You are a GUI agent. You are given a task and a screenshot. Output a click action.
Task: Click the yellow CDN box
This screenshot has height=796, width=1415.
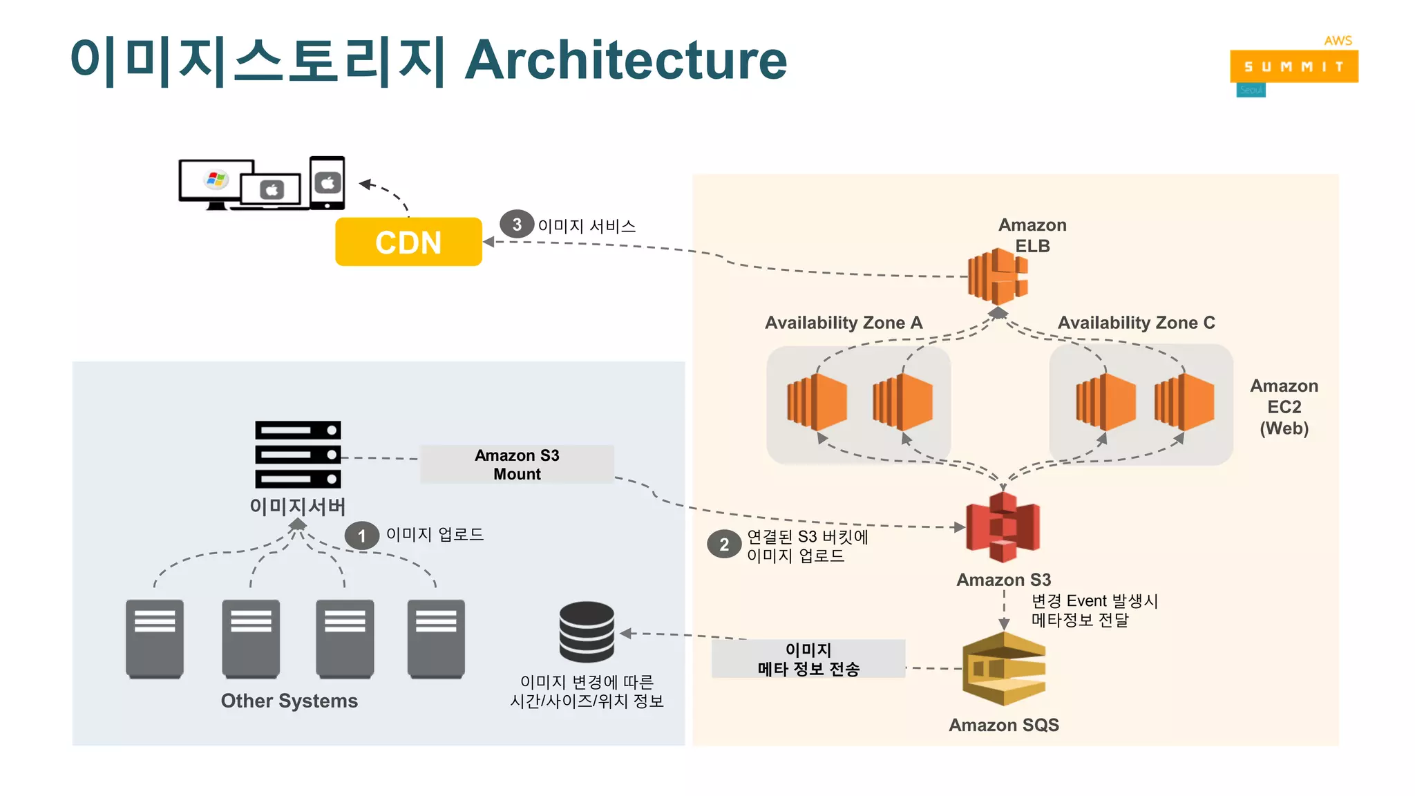tap(408, 242)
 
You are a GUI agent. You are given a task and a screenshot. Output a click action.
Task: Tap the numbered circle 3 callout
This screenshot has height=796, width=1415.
tap(516, 224)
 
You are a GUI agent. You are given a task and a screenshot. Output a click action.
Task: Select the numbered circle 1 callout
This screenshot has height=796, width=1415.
tap(361, 536)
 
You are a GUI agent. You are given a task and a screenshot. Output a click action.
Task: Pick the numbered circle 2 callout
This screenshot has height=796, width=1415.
tap(723, 544)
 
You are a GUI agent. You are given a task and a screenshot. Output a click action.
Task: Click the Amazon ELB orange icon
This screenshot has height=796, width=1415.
tap(998, 276)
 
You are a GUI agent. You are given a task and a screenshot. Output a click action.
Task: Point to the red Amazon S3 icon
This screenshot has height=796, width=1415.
tap(1003, 527)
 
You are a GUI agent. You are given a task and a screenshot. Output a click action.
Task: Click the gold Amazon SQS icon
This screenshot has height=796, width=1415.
tap(1004, 669)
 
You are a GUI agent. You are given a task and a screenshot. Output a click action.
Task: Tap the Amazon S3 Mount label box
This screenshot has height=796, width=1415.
tap(517, 464)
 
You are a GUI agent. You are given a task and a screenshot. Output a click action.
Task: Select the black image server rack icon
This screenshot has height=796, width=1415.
tap(298, 454)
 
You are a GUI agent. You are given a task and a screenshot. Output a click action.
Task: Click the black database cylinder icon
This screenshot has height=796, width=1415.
tap(587, 632)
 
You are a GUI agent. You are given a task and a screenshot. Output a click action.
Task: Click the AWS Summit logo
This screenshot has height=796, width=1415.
tap(1293, 66)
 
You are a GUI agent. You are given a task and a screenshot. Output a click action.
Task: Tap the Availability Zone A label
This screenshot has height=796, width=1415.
tap(844, 323)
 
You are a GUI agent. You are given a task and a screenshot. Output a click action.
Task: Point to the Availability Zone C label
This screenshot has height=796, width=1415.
tap(1136, 323)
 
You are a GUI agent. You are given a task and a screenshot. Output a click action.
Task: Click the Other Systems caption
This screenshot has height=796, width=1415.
tap(289, 701)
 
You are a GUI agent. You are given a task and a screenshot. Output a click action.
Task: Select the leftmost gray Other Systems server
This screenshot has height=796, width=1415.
tap(155, 638)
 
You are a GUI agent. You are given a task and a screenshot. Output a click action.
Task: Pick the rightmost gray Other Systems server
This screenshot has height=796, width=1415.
tap(436, 638)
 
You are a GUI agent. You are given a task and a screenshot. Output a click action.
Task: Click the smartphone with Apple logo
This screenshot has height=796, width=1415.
tap(327, 182)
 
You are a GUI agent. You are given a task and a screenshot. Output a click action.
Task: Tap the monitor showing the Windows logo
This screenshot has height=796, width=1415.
tap(216, 182)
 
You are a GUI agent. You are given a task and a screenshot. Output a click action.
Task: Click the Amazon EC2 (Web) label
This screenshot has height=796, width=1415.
tap(1284, 407)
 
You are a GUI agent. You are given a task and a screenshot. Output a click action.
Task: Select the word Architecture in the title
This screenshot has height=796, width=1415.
tap(626, 60)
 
